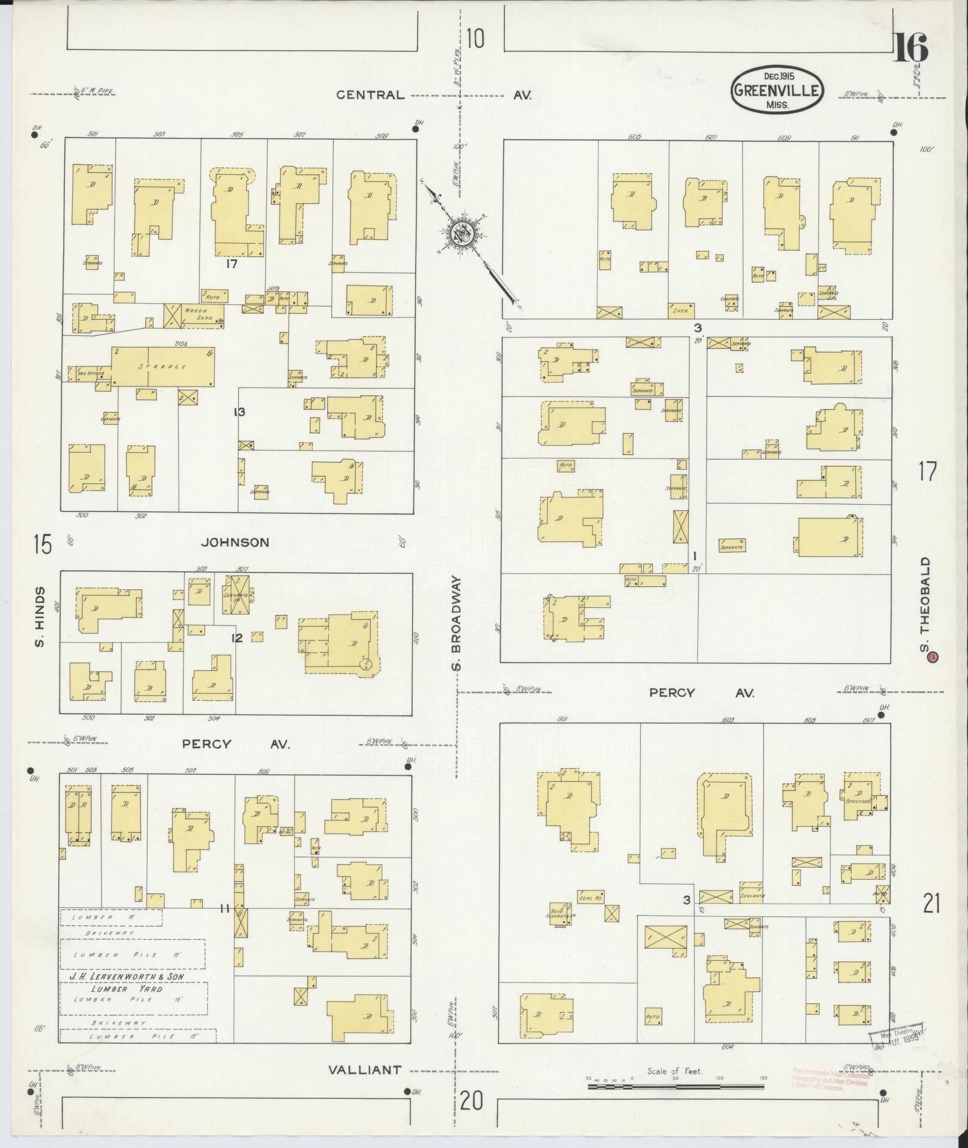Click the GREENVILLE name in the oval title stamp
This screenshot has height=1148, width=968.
[x=776, y=90]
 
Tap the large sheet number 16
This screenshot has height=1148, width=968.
[x=910, y=47]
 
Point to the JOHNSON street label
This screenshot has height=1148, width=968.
[x=235, y=542]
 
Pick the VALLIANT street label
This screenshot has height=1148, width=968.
[x=364, y=1069]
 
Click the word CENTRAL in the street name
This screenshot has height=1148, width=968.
[x=370, y=95]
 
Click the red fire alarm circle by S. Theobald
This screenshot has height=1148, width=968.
[x=932, y=657]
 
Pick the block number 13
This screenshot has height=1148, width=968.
[x=239, y=412]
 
